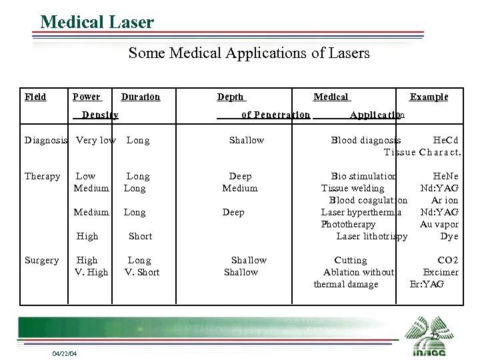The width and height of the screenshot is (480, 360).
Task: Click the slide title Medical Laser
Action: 97,22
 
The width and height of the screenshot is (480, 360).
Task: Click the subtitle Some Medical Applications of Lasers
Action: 249,53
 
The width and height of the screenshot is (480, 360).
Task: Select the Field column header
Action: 35,97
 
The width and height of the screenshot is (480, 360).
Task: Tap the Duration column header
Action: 140,97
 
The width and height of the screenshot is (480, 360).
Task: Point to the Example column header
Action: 429,97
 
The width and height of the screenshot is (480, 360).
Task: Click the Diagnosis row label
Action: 45,140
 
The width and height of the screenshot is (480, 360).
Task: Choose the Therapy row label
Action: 42,176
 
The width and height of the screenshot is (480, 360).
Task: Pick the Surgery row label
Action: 41,260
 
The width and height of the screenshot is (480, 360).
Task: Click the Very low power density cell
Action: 96,140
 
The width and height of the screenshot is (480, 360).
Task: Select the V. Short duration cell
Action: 142,272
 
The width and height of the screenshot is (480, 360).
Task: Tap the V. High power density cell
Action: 91,272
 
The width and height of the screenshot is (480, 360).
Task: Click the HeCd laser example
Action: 445,140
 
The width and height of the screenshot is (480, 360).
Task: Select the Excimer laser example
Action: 441,272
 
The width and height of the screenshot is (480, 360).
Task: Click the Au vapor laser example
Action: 439,224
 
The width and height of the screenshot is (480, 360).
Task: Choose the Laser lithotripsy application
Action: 371,236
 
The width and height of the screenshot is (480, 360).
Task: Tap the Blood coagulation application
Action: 368,200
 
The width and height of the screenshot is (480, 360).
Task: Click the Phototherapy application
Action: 348,224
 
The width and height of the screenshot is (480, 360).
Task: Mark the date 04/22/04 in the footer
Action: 65,353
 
